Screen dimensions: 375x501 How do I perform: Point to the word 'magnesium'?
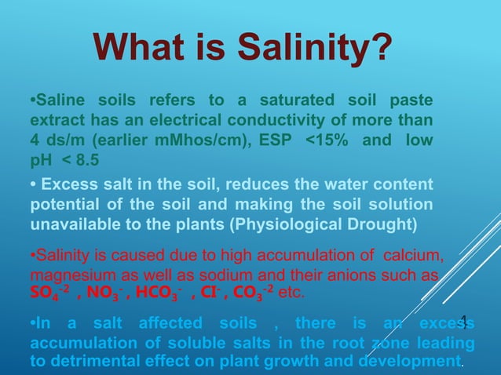point(64,276)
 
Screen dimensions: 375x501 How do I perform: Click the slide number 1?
point(463,321)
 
